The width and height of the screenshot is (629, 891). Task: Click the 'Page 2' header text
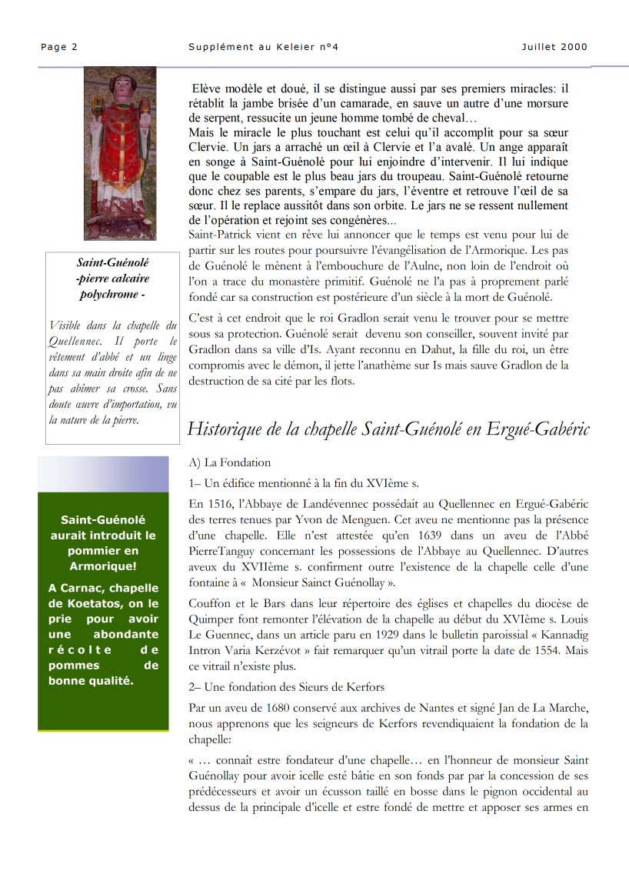(x=59, y=47)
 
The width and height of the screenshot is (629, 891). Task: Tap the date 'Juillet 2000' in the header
(x=554, y=47)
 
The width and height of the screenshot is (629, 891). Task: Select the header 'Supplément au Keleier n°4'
(x=263, y=47)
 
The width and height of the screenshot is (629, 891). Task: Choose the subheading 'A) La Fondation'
(x=230, y=462)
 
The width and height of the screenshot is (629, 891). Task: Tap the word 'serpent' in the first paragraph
(x=208, y=118)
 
